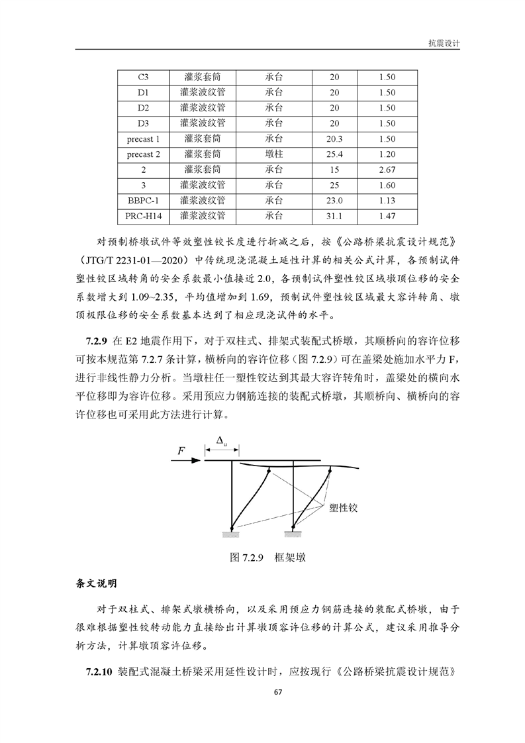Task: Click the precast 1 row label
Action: click(144, 139)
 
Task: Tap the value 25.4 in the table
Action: click(334, 154)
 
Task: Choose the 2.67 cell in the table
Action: click(387, 170)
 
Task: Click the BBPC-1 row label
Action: click(144, 201)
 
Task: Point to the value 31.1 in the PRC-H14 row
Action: click(334, 216)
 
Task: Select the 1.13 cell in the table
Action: click(387, 201)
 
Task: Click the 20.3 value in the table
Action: click(334, 139)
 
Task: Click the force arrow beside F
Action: click(187, 462)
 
